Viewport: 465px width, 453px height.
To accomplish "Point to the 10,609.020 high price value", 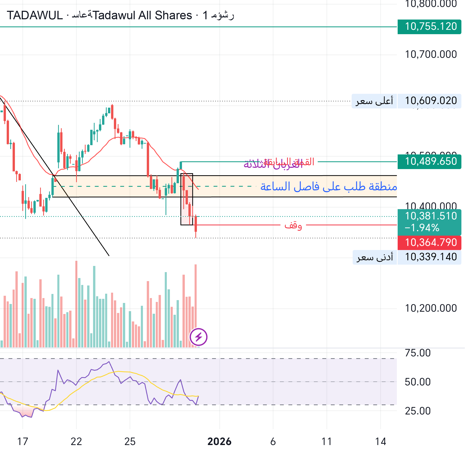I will (x=431, y=101).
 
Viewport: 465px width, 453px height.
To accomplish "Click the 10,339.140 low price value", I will (x=431, y=257).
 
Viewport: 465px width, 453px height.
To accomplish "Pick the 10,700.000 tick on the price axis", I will (x=431, y=54).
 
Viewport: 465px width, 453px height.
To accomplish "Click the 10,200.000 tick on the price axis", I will (x=431, y=308).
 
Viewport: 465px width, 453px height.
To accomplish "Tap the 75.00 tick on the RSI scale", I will (x=417, y=353).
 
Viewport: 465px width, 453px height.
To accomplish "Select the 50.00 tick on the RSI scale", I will (x=417, y=382).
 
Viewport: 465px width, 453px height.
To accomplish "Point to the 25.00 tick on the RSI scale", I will (x=417, y=411).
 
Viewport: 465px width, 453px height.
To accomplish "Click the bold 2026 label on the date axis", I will (x=219, y=442).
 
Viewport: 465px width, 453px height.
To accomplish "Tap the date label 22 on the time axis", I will (x=76, y=442).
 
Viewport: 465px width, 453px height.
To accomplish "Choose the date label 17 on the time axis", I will (x=23, y=442).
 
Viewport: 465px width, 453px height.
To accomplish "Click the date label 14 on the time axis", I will (x=380, y=442).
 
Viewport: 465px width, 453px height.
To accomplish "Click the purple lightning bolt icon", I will (x=198, y=337).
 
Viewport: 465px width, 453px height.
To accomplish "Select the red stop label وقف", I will (x=293, y=225).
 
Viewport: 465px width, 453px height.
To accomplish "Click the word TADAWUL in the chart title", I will (x=35, y=15).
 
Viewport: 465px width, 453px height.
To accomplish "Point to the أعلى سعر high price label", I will (x=374, y=101).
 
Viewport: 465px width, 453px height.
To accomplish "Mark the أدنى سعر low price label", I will (x=375, y=257).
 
